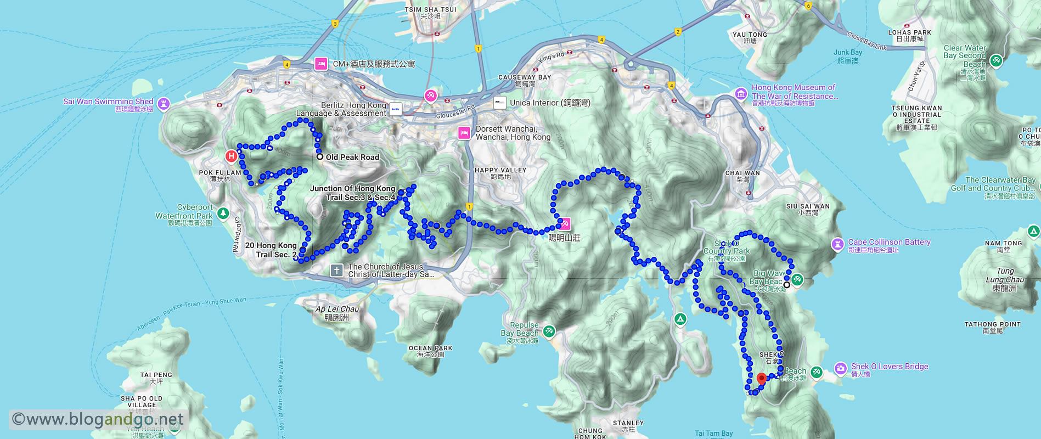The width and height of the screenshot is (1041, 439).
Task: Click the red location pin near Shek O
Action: [x=761, y=379]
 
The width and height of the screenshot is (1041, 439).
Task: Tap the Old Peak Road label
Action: [x=352, y=157]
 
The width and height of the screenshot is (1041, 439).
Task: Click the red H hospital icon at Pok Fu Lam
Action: [x=231, y=156]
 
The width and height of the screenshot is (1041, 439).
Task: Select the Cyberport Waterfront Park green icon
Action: [x=223, y=213]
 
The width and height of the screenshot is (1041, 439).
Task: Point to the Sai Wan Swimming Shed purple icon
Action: [x=164, y=103]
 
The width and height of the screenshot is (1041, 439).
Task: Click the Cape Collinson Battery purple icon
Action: [x=837, y=244]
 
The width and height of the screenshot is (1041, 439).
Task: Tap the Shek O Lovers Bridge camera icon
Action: [x=841, y=368]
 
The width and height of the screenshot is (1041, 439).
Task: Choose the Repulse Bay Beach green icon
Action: [x=549, y=331]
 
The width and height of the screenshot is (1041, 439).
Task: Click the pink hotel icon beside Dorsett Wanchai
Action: [x=464, y=133]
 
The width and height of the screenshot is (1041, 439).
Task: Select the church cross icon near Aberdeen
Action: [x=337, y=270]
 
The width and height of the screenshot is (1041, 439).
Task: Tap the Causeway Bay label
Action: [x=524, y=77]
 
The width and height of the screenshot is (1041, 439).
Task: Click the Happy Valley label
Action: [x=500, y=171]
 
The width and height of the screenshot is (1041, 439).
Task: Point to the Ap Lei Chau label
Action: [x=337, y=309]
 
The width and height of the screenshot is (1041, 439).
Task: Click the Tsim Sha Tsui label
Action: [x=431, y=9]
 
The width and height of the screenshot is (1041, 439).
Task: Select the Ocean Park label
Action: [x=430, y=348]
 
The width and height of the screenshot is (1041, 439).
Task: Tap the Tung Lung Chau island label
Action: [x=1005, y=279]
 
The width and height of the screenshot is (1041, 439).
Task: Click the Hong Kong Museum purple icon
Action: [x=741, y=94]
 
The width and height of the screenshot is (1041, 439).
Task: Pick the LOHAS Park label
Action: [x=909, y=32]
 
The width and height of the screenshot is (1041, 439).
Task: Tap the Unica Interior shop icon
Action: [x=499, y=103]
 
